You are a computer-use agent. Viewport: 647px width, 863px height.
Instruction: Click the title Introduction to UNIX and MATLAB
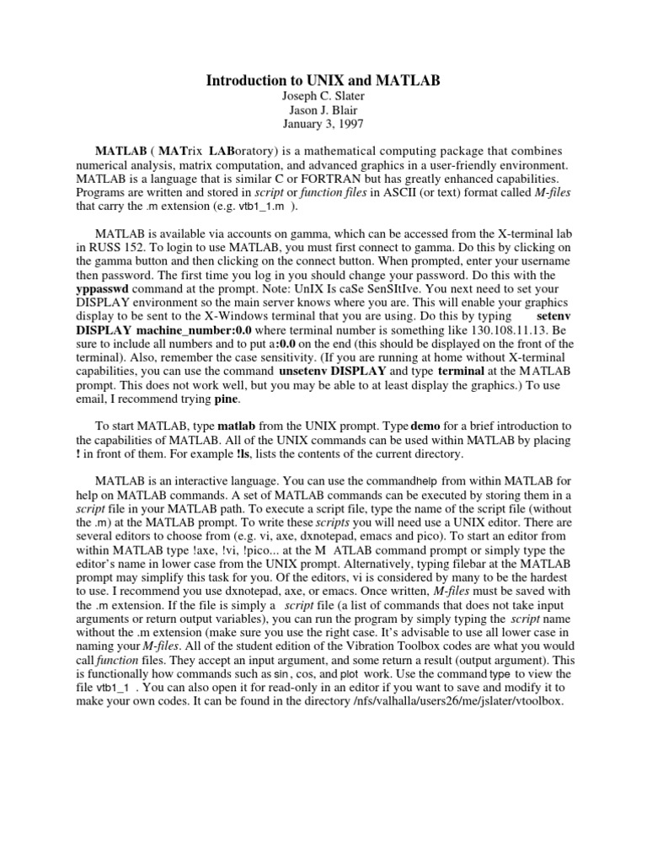[x=323, y=81]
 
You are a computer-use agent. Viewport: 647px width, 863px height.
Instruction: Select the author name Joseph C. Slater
[x=323, y=98]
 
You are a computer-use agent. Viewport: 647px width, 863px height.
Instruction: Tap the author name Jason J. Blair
[x=323, y=112]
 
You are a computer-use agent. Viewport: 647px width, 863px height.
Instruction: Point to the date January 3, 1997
[x=323, y=126]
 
